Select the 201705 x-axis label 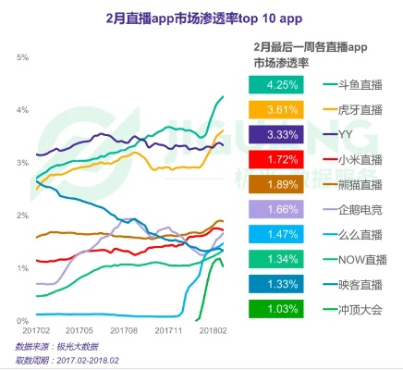click(x=83, y=330)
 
